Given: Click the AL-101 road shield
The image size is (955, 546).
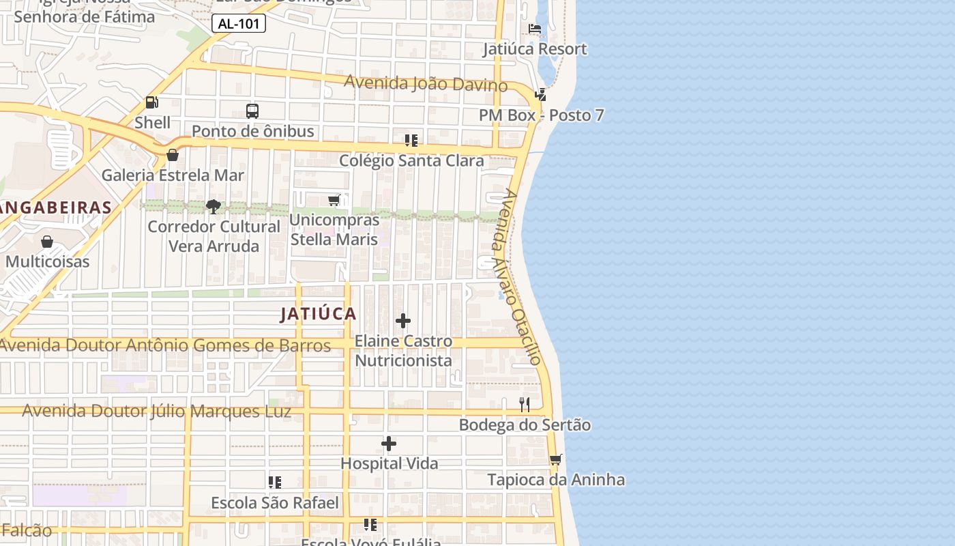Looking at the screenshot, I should (238, 23).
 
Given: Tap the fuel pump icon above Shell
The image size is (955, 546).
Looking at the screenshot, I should (151, 103).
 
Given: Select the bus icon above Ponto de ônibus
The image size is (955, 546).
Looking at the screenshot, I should (252, 111).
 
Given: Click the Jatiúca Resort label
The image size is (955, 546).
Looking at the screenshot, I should (535, 49).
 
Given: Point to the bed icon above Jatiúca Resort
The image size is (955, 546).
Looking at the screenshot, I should (535, 29).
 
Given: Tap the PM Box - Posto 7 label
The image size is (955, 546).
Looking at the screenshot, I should (541, 115).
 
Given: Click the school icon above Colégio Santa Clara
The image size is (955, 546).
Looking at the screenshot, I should (411, 141).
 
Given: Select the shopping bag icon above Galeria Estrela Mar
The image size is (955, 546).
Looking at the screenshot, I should (173, 155).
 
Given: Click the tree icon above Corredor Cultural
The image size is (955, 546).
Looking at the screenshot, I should (214, 206).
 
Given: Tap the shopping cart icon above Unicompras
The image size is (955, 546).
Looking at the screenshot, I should (334, 200).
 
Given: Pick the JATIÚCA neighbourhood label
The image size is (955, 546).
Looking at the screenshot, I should (319, 314).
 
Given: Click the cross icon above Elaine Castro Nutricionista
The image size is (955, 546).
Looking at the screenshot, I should (403, 321).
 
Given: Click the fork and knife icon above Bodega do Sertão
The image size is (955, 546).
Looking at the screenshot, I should (524, 405).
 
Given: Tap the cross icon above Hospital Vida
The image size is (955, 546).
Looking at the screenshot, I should (389, 444).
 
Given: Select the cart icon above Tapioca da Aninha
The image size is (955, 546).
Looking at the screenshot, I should (555, 460).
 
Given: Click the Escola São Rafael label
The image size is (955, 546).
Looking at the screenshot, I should (275, 504).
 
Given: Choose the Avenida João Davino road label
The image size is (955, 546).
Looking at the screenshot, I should (426, 83).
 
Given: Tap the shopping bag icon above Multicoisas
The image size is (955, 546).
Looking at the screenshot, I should (47, 242).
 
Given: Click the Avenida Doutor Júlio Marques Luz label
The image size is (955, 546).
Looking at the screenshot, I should (157, 411).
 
